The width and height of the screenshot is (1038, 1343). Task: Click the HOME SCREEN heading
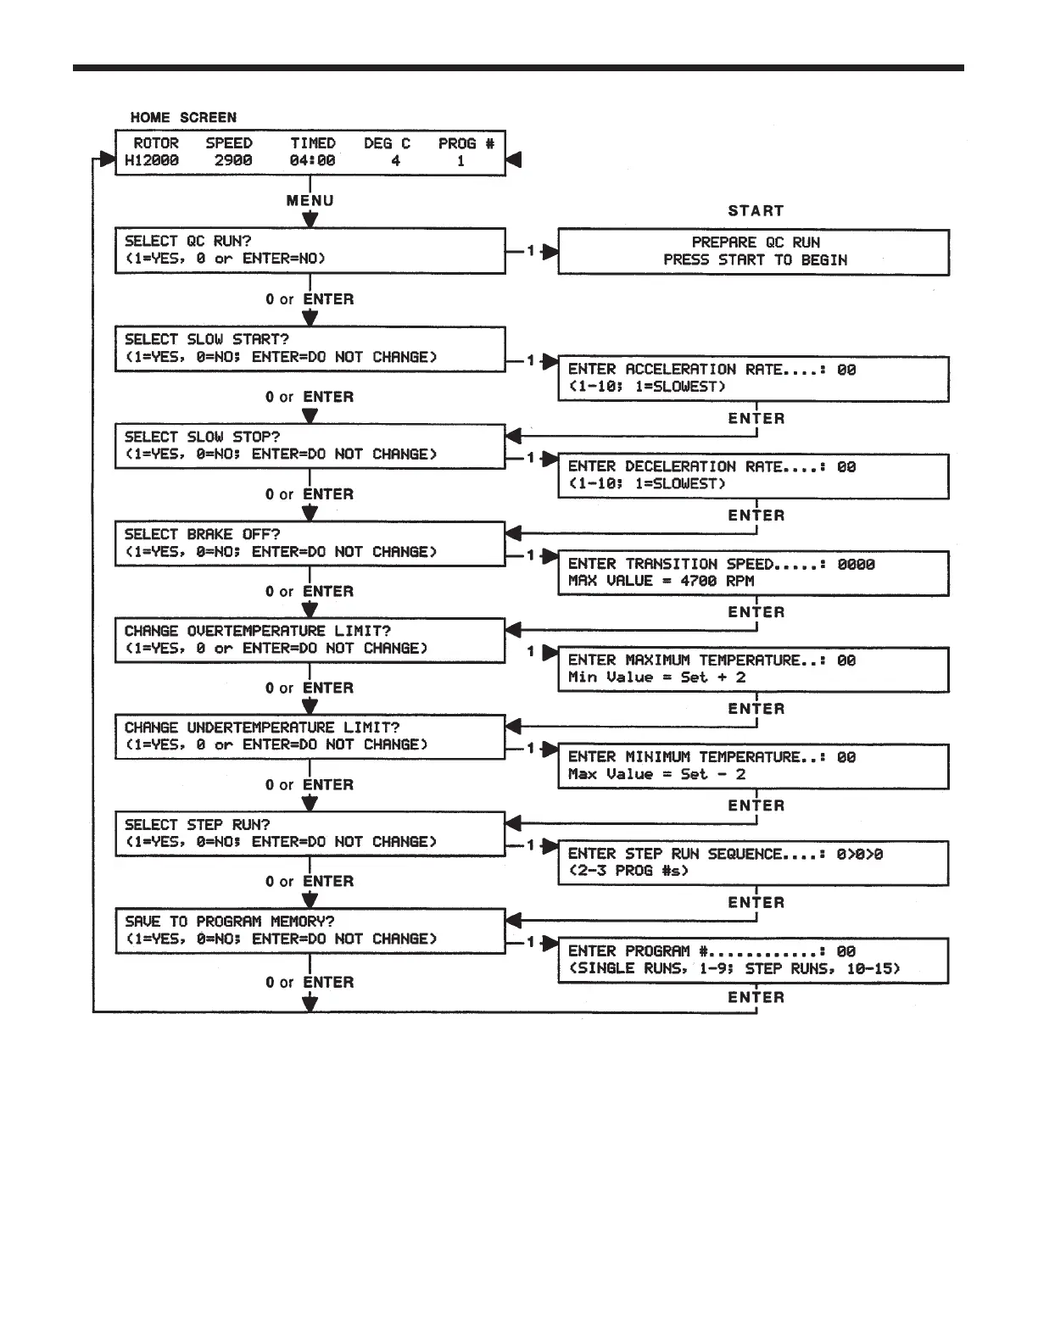point(183,117)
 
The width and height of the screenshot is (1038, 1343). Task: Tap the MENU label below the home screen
point(310,200)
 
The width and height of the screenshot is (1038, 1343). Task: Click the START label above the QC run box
point(755,210)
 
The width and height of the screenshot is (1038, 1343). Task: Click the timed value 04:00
point(312,160)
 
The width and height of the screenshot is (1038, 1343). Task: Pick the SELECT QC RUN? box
point(310,250)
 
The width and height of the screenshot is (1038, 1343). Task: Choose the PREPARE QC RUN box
point(753,252)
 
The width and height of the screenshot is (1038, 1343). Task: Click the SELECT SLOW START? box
point(310,348)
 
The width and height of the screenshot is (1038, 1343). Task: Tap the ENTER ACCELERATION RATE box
point(753,378)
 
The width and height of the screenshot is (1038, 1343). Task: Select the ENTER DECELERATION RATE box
point(753,476)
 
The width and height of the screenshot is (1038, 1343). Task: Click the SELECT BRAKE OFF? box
point(310,543)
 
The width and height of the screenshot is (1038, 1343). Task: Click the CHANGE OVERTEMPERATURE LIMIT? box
point(310,640)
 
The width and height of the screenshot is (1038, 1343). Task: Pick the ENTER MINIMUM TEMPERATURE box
point(753,766)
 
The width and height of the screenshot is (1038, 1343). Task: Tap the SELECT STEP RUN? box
point(310,833)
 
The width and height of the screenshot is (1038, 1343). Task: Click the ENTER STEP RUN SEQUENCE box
point(753,862)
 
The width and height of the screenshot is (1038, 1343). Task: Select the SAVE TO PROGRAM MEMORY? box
point(310,930)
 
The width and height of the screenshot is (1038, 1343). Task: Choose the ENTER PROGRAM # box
point(753,960)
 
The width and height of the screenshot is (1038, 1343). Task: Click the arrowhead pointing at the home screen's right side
point(514,159)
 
